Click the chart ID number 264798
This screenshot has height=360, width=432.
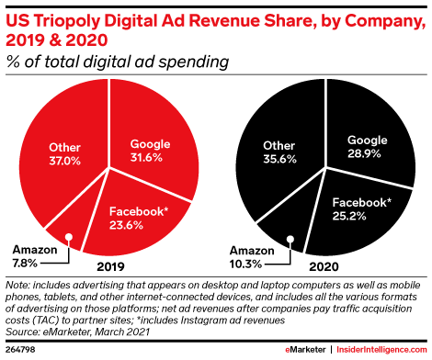coord(19,350)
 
